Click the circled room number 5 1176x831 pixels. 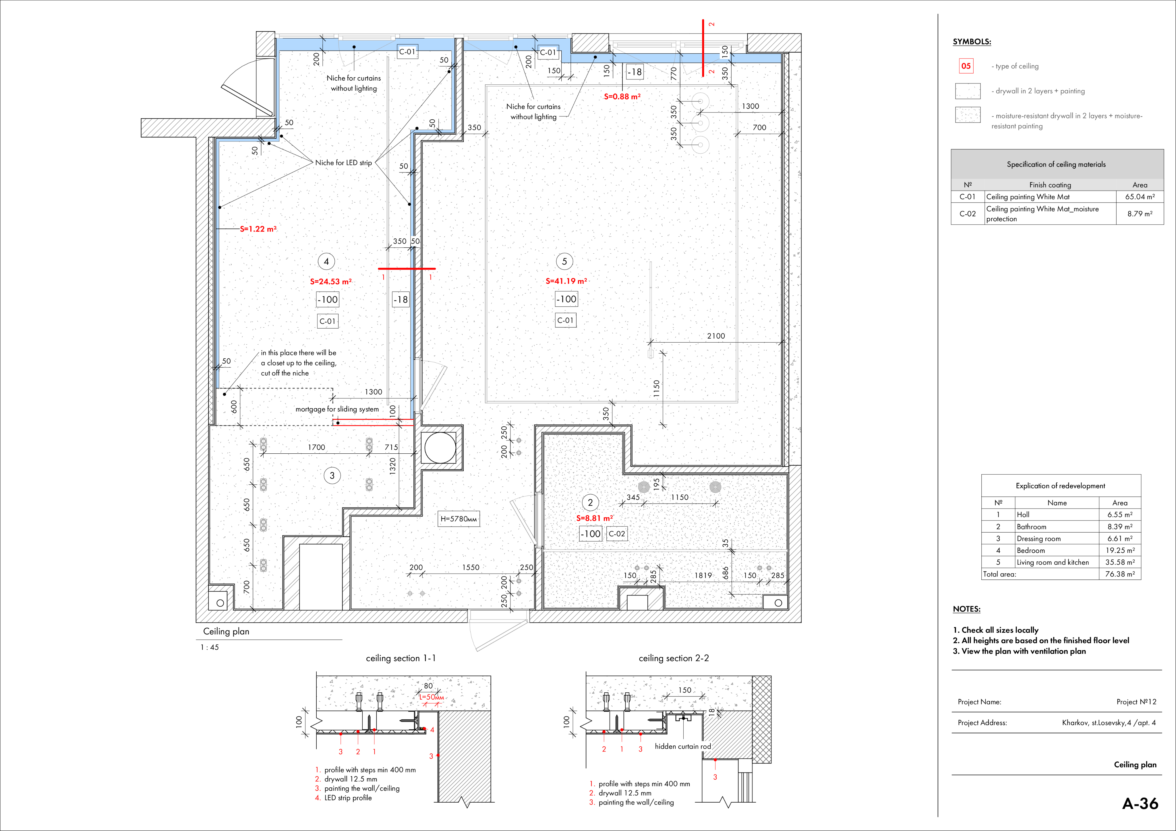point(564,262)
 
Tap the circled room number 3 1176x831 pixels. point(332,476)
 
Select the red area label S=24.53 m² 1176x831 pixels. point(331,281)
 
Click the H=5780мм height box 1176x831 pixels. point(459,519)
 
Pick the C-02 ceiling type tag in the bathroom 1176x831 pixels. point(617,533)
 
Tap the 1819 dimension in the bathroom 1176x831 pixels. point(703,576)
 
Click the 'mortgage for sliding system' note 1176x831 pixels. point(337,409)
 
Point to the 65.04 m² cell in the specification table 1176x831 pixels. point(1140,197)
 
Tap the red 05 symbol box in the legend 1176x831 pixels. point(966,65)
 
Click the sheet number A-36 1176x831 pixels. point(1140,803)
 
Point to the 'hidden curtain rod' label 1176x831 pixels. point(683,747)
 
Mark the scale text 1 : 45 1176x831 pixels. point(210,647)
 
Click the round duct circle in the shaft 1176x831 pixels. point(440,448)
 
